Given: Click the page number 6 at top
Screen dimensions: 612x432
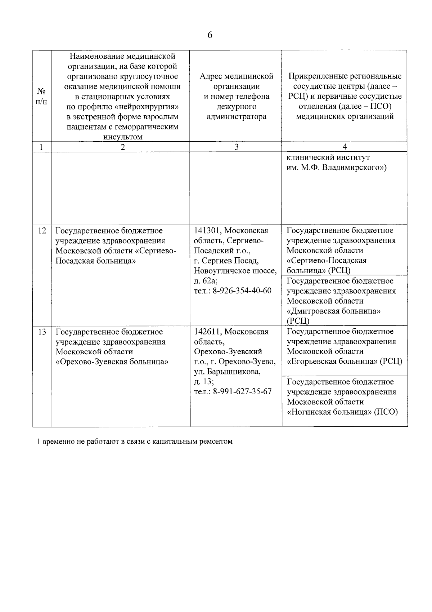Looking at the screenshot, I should point(210,35).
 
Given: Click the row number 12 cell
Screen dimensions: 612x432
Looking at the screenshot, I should point(42,231).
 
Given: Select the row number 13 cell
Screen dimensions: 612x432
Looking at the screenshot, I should point(42,332).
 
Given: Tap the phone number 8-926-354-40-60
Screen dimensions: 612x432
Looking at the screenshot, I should point(242,291).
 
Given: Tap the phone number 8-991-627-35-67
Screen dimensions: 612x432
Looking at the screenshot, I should point(242,392).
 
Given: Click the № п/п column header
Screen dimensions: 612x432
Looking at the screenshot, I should point(42,96).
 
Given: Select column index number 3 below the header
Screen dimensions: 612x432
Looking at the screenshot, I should point(236,147).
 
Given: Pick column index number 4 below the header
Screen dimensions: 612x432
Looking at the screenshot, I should point(345,147).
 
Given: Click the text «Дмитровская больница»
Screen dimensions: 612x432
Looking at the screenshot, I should point(334,311).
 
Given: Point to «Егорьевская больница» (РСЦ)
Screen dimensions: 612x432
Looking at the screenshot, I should point(345,362).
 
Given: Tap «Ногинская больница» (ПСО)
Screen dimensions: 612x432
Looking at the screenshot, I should point(342,412).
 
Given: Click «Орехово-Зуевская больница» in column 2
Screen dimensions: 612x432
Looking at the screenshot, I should point(112,362).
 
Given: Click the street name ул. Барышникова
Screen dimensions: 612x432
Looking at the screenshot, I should point(227,372).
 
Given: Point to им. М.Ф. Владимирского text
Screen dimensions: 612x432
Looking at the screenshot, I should point(336,168).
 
